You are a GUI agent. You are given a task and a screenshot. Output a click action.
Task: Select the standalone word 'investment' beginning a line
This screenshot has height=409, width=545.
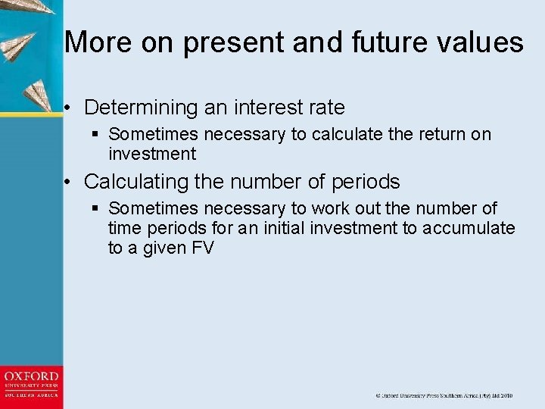tap(152, 155)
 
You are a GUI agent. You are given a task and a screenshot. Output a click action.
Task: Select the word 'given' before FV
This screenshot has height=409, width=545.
tap(165, 248)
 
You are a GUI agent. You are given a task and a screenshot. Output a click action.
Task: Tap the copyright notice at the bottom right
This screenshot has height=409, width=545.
tap(444, 395)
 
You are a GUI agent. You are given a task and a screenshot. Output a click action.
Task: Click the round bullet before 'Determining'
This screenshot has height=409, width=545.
tap(69, 108)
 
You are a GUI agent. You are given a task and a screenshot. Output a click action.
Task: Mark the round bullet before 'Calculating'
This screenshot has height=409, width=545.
tap(69, 183)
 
